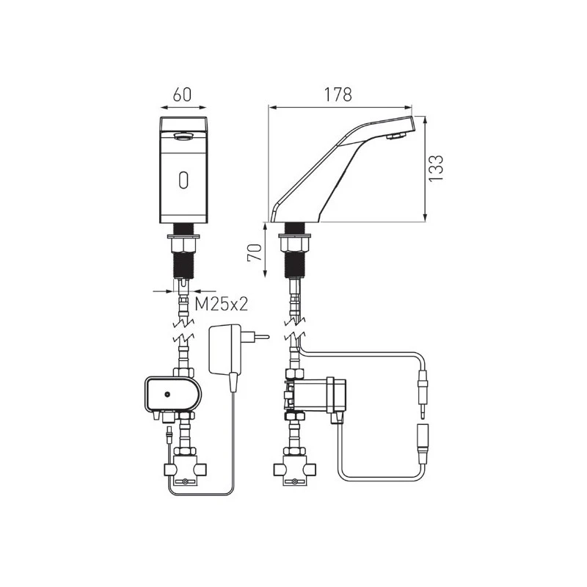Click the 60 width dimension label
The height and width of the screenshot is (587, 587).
coord(183,95)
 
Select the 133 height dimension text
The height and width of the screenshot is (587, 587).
coord(437,168)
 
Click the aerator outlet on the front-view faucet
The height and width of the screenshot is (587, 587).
coord(183,135)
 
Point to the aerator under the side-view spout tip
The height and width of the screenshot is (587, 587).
coord(395,136)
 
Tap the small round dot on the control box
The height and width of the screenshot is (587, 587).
coord(167,394)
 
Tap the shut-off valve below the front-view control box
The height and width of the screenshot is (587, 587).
coord(183,470)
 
